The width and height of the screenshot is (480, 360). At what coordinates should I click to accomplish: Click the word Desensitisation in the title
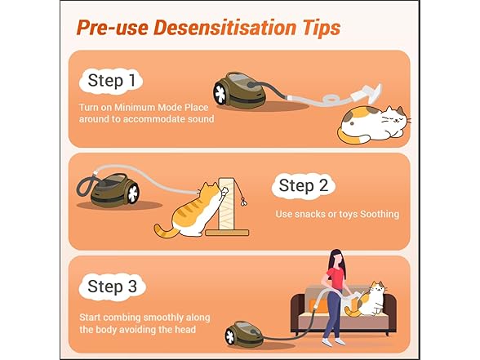pyautogui.click(x=224, y=28)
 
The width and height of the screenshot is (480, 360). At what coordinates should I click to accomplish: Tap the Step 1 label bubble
pyautogui.click(x=111, y=81)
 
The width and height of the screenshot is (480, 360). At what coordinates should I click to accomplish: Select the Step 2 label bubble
pyautogui.click(x=304, y=185)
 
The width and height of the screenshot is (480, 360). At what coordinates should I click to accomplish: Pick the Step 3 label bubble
pyautogui.click(x=112, y=287)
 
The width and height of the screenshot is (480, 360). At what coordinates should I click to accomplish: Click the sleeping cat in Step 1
pyautogui.click(x=374, y=124)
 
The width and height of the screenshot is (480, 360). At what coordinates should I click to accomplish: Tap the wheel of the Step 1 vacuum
pyautogui.click(x=220, y=93)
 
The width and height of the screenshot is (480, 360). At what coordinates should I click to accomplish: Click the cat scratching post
pyautogui.click(x=227, y=207)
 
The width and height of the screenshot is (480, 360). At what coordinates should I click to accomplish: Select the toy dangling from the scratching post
pyautogui.click(x=244, y=202)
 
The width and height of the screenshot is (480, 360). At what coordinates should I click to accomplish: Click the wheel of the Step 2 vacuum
pyautogui.click(x=133, y=193)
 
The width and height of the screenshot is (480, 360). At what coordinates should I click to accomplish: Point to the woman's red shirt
pyautogui.click(x=336, y=277)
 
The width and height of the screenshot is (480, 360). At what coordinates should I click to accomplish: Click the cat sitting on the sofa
pyautogui.click(x=367, y=301)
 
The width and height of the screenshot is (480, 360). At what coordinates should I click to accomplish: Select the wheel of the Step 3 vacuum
pyautogui.click(x=230, y=336)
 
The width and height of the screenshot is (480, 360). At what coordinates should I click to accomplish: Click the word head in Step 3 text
pyautogui.click(x=185, y=330)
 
